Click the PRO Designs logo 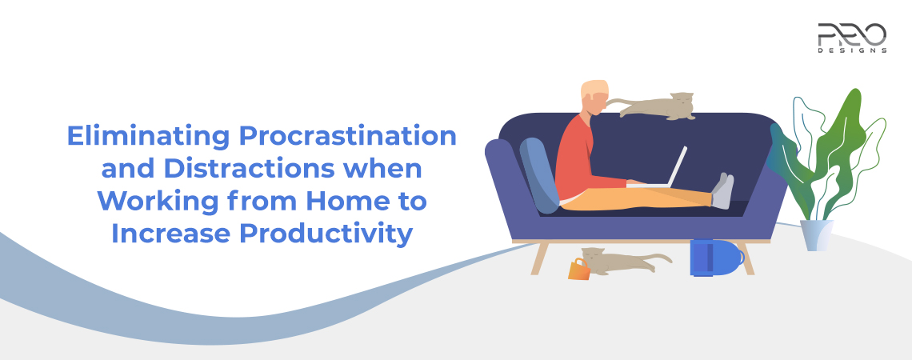(x=851, y=37)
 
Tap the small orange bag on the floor (x=578, y=270)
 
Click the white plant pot (x=815, y=235)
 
